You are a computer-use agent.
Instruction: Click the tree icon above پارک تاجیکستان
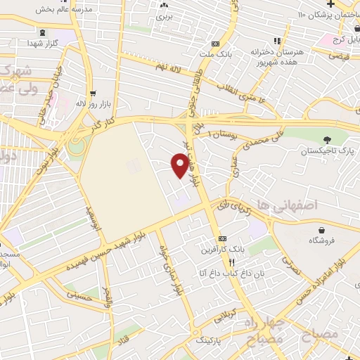(x=326, y=139)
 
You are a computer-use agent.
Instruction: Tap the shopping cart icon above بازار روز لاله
(x=92, y=92)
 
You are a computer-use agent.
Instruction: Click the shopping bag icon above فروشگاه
(x=322, y=229)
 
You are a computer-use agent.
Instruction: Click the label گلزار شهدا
(x=45, y=43)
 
